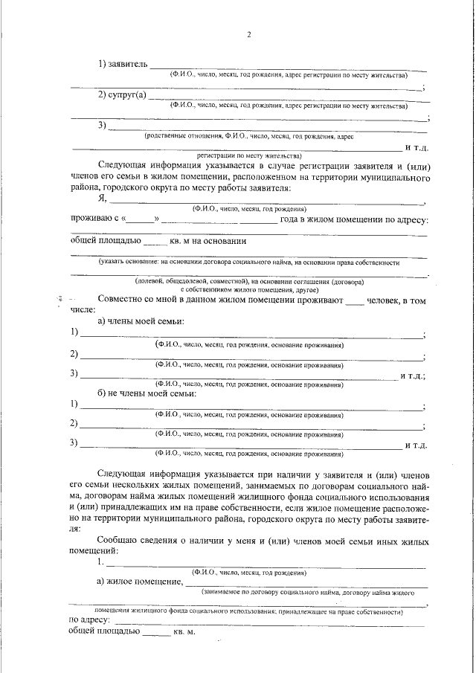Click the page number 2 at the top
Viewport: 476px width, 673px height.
[x=249, y=36]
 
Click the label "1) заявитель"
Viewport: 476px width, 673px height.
[x=123, y=65]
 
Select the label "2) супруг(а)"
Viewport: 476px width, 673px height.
[x=123, y=95]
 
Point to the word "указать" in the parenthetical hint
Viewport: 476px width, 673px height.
[x=115, y=263]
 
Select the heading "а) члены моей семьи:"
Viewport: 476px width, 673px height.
[x=141, y=321]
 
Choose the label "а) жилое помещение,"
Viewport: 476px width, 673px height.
[x=139, y=582]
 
